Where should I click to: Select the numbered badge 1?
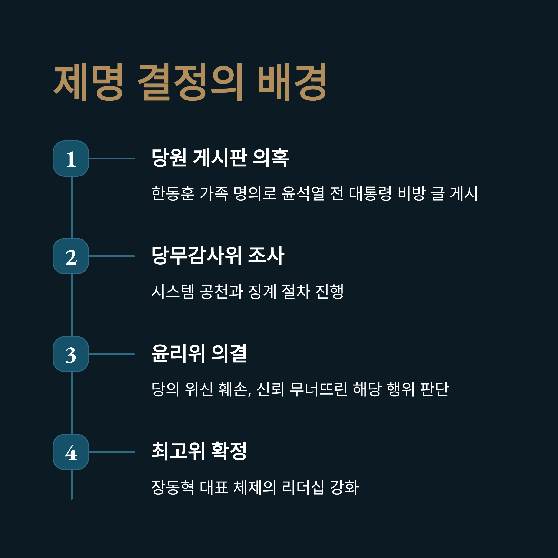click(x=71, y=159)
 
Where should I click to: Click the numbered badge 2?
click(x=71, y=256)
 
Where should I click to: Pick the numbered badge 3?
click(x=71, y=354)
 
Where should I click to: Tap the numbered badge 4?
click(x=71, y=452)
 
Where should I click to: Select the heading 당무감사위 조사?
click(x=218, y=255)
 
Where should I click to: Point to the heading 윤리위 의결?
click(x=199, y=353)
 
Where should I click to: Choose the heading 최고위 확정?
click(x=199, y=451)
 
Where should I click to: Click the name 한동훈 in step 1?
click(x=173, y=193)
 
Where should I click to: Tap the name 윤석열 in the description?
click(x=303, y=193)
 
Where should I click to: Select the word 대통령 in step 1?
click(x=370, y=193)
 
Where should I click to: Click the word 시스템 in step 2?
click(x=173, y=291)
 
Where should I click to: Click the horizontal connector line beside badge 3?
click(x=112, y=354)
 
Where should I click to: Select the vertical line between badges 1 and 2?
click(x=72, y=207)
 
